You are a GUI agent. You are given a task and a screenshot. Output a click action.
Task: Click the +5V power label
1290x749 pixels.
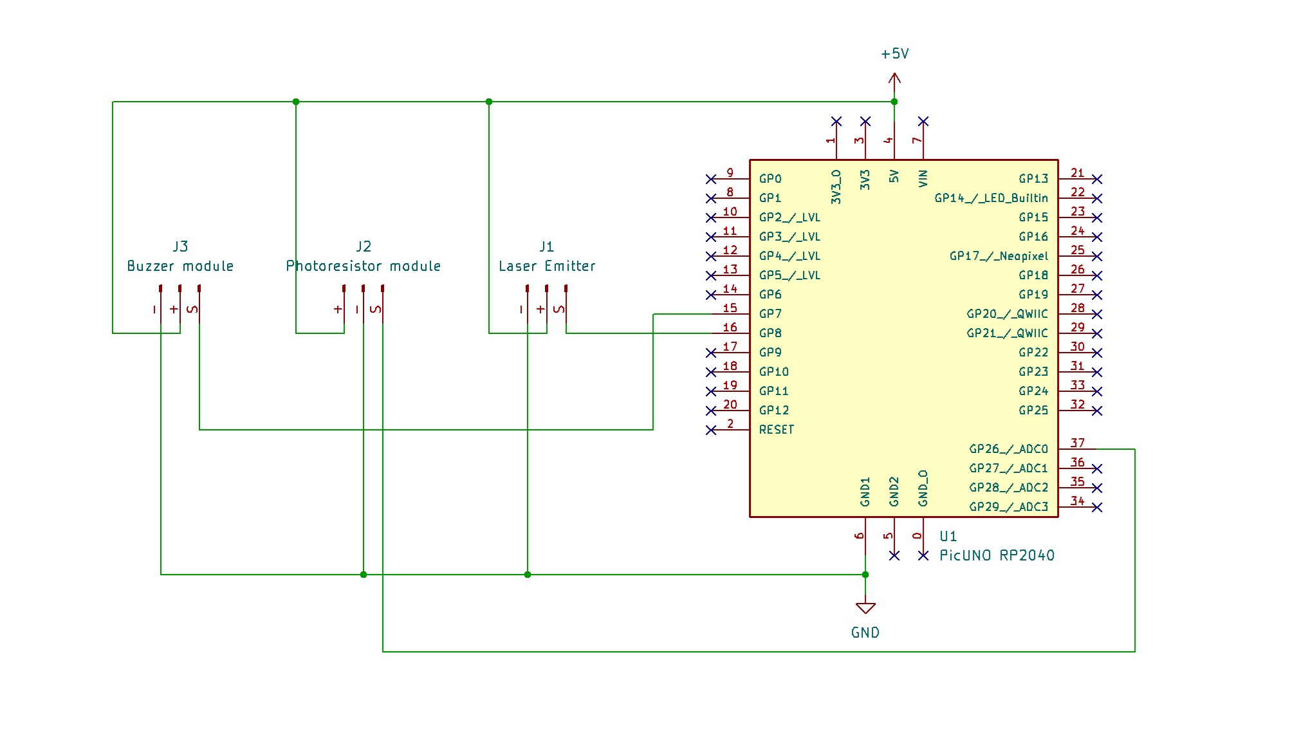coord(894,54)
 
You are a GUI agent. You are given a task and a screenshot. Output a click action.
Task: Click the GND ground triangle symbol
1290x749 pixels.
coord(865,608)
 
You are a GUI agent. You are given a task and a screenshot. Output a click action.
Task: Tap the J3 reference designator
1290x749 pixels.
coord(180,246)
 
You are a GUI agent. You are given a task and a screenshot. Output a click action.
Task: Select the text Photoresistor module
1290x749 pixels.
coord(363,266)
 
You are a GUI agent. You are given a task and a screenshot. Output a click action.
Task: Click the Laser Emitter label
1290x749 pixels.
coord(547,266)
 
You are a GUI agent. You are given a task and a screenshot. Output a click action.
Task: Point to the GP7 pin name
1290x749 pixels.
coord(770,314)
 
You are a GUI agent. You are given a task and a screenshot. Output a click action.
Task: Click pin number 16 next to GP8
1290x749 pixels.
coord(730,327)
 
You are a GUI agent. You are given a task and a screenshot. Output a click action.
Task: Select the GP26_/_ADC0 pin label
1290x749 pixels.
coord(1008,449)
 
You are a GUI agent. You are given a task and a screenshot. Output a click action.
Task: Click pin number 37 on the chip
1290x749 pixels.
coord(1077,443)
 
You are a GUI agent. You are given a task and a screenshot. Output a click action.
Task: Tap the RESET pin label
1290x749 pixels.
coord(776,430)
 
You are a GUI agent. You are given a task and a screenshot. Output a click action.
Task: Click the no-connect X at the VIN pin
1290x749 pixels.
coord(923,122)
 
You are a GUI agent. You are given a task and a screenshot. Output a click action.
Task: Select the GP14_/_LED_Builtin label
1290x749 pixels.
coord(991,198)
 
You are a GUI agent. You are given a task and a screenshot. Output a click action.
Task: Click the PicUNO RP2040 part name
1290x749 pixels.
coord(997,555)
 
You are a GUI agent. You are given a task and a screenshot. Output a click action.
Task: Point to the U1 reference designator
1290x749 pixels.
coord(948,536)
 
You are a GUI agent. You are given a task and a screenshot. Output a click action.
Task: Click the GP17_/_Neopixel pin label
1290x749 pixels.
coord(999,256)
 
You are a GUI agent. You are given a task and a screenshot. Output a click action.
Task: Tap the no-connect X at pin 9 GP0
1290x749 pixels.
coord(711,179)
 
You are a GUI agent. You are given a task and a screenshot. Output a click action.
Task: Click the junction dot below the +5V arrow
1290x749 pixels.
coord(894,102)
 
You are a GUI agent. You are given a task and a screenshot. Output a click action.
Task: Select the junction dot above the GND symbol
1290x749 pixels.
coord(865,575)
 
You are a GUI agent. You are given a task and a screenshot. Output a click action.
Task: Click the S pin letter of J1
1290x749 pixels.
coord(558,310)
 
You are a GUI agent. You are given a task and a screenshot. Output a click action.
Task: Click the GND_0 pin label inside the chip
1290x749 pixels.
coord(923,488)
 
